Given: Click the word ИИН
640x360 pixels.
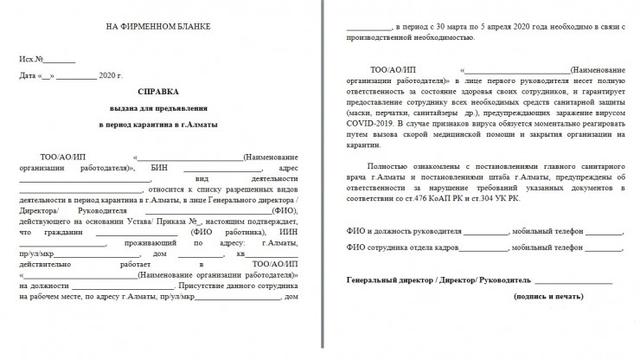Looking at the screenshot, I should click(x=279, y=231).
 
